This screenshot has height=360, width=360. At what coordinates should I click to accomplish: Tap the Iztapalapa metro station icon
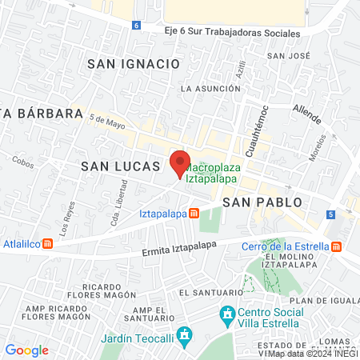[194, 214]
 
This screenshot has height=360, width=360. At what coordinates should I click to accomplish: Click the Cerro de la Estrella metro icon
[336, 246]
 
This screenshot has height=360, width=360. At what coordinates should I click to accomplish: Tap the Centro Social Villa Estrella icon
[227, 312]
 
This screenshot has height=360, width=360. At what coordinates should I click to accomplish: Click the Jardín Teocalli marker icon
[186, 333]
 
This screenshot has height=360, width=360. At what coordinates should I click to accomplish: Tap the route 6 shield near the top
[137, 25]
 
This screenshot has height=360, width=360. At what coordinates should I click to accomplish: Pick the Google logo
[26, 350]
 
